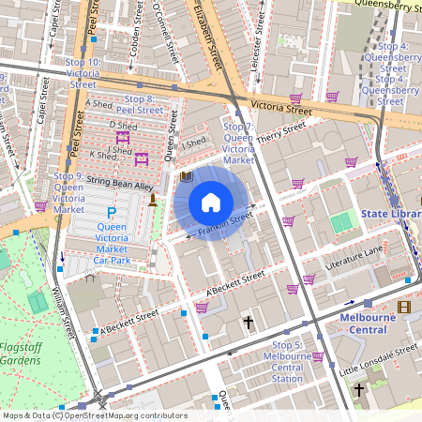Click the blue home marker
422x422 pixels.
pyautogui.click(x=211, y=203)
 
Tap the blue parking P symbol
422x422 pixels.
pyautogui.click(x=112, y=214)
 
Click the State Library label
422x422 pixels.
pyautogui.click(x=391, y=215)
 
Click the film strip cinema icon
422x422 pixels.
pyautogui.click(x=403, y=307)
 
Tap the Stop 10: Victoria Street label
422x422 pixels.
pyautogui.click(x=83, y=73)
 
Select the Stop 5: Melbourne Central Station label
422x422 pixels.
pyautogui.click(x=286, y=361)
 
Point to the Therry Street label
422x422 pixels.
pyautogui.click(x=282, y=134)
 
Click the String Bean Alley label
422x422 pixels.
pyautogui.click(x=120, y=186)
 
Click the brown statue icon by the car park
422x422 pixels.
pyautogui.click(x=153, y=203)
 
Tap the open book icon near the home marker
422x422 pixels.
pyautogui.click(x=186, y=176)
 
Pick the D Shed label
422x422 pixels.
pyautogui.click(x=123, y=125)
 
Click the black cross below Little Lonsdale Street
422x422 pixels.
pyautogui.click(x=358, y=387)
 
